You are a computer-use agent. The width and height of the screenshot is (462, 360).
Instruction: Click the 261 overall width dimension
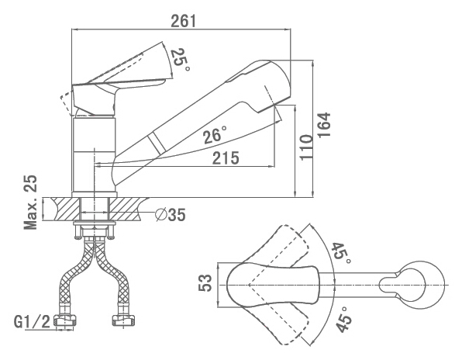coord(183,21)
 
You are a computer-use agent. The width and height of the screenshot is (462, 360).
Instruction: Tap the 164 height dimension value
coord(324,124)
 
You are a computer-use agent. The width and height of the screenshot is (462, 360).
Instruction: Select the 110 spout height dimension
coord(306,147)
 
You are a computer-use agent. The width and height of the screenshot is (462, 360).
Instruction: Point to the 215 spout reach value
coord(226,158)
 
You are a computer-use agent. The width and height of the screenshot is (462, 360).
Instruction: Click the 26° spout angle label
coord(215,135)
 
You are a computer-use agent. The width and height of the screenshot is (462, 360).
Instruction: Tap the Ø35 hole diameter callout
coord(171,214)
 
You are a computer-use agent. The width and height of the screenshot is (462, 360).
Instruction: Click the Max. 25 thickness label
coord(31,202)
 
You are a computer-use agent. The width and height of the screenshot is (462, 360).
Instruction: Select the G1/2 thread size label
coord(33,321)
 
